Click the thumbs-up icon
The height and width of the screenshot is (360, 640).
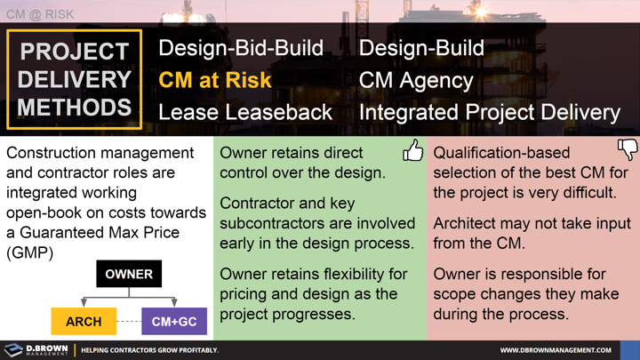pos(413,150)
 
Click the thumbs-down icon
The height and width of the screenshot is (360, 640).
pos(628,148)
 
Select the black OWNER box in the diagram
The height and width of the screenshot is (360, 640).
pos(129,274)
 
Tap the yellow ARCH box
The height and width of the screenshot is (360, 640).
pos(84,321)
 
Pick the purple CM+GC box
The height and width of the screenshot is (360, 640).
pos(174,321)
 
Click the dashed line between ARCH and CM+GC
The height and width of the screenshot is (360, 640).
pos(129,321)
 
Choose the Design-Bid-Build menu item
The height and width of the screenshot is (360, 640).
pos(241,48)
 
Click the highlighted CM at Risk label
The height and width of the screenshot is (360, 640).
pos(214,80)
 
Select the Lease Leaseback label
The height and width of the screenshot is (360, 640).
pos(245,112)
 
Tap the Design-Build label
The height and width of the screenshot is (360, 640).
pos(421,48)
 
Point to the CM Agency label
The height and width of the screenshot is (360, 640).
pos(416,80)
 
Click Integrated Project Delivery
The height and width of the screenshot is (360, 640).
pos(489,112)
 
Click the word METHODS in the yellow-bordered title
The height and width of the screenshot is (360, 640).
pos(74,108)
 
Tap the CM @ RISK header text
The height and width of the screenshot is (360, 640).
pos(41,14)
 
